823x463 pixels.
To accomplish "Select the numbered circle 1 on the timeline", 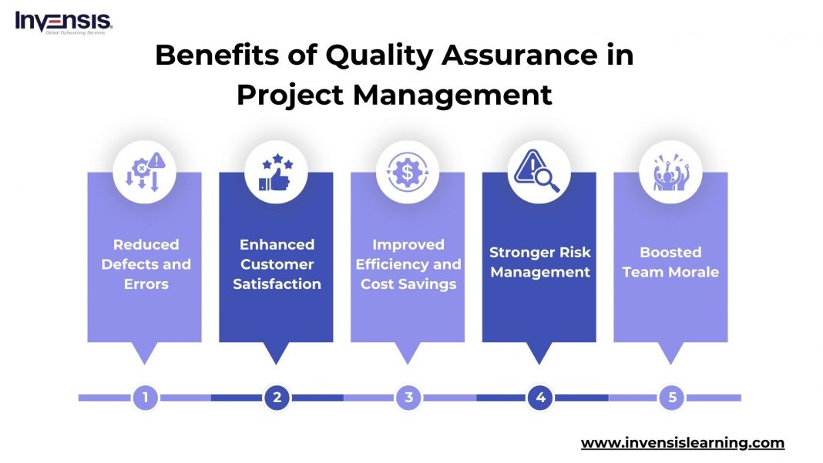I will tap(145, 398).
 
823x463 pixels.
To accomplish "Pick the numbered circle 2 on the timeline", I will tap(277, 398).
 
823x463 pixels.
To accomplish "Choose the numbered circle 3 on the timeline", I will tap(408, 398).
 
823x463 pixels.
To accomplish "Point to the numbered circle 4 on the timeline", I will tap(540, 398).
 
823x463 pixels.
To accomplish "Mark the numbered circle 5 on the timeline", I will tap(672, 398).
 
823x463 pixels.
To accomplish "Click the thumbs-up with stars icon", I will tap(276, 172).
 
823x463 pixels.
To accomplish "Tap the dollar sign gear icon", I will tap(408, 172).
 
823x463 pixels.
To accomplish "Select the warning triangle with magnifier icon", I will tap(539, 172).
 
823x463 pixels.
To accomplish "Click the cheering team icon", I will tap(671, 172).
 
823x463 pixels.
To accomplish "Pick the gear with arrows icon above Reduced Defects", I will tap(145, 172).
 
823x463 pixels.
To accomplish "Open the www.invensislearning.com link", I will tap(682, 443).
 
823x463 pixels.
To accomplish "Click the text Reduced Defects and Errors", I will tap(146, 264).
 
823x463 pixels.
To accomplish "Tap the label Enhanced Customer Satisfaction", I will tap(277, 264).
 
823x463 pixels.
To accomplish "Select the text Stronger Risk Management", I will tap(540, 262).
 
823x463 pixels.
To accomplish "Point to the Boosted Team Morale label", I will tap(671, 262).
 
